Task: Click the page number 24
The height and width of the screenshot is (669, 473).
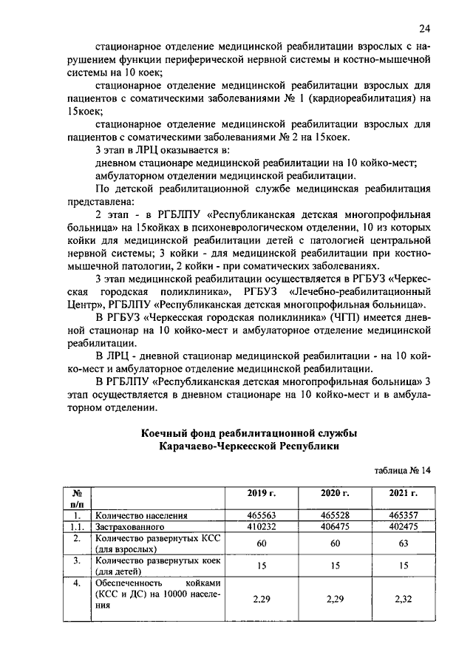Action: tap(424, 29)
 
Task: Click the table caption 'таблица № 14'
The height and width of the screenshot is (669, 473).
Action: tap(404, 469)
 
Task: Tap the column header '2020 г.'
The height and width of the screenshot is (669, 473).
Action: tap(334, 493)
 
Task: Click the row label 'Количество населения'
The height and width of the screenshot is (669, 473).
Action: tap(140, 515)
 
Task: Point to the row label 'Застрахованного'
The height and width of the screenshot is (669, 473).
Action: tap(126, 527)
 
